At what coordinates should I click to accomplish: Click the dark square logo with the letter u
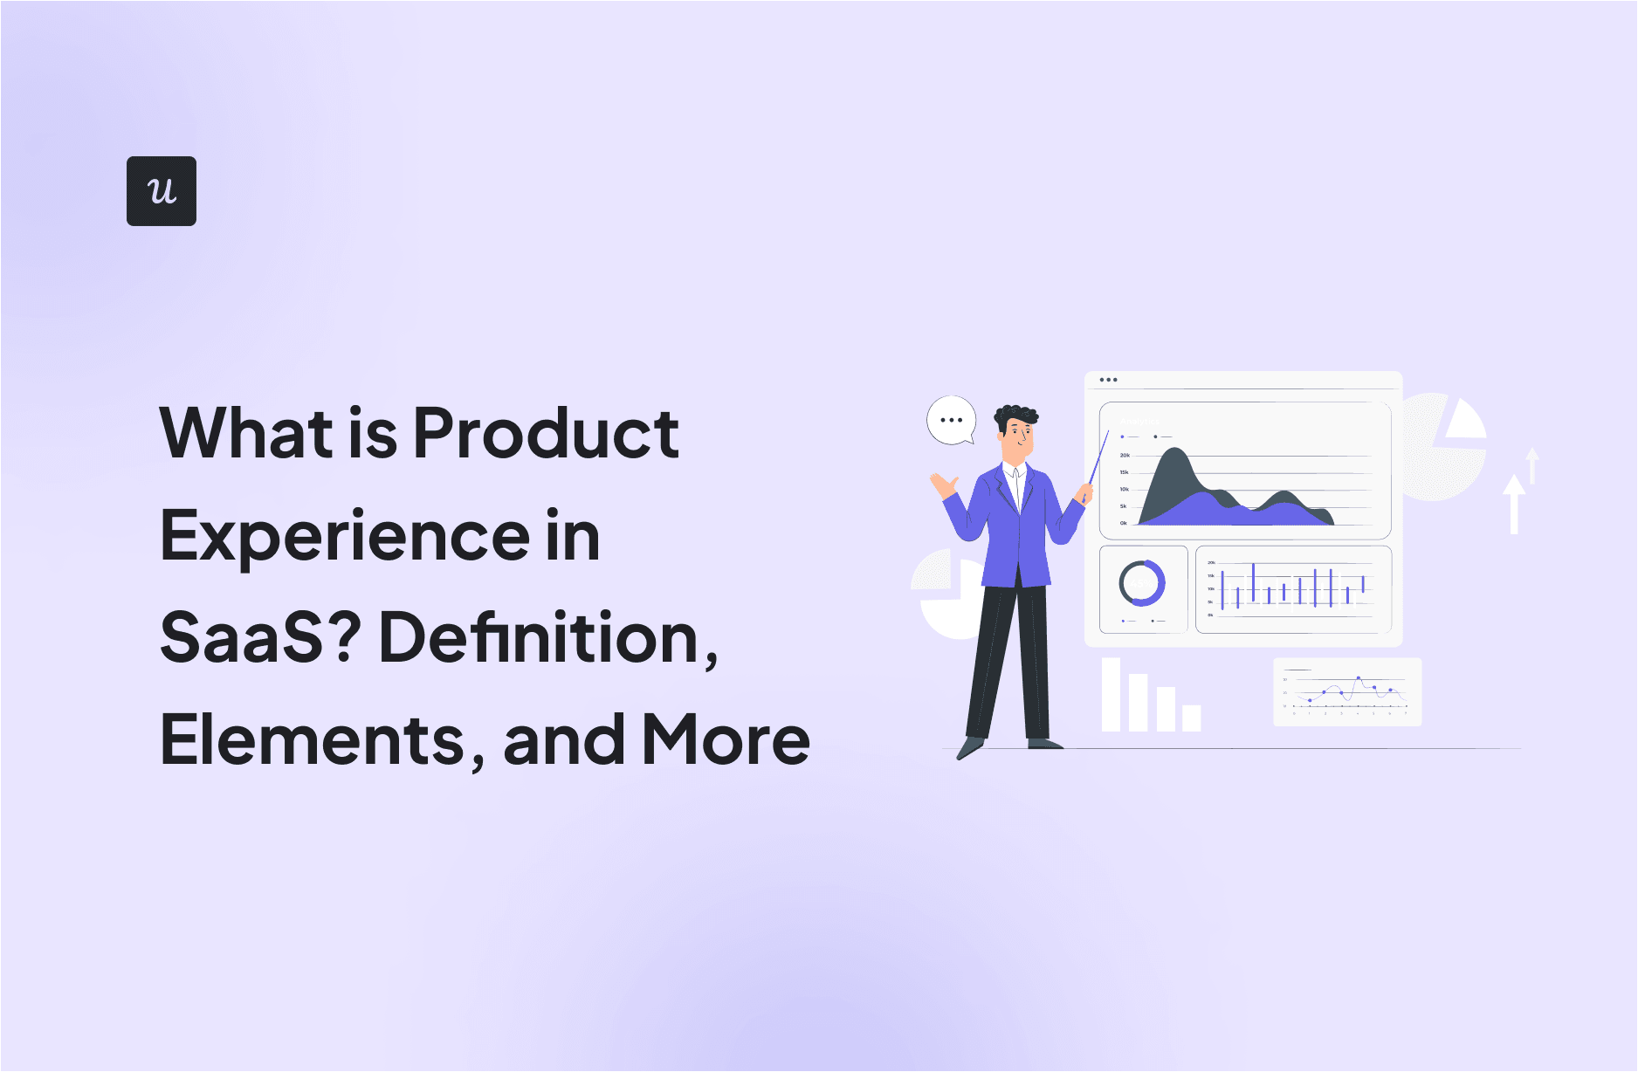[162, 191]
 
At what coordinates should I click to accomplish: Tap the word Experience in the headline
[345, 536]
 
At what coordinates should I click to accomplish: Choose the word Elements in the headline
[314, 740]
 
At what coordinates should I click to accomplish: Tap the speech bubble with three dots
[951, 420]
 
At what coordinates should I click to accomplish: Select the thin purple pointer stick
[1098, 457]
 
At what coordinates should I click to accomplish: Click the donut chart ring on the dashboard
[1142, 583]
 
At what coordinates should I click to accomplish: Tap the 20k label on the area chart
[1125, 455]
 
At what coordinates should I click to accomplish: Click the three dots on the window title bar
[1108, 380]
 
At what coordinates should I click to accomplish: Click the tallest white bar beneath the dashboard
[1111, 694]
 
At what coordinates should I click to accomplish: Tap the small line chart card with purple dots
[1347, 692]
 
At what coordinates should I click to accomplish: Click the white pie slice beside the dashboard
[1465, 421]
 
